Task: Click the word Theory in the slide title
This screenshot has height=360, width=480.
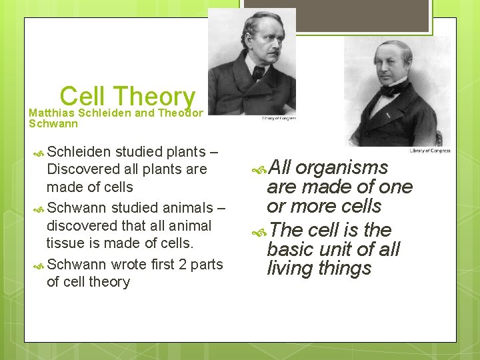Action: (x=154, y=97)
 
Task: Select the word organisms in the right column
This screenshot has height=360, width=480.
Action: (x=342, y=167)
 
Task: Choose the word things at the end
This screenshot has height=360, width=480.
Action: (x=344, y=269)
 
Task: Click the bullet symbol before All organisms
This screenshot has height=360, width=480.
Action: (x=261, y=168)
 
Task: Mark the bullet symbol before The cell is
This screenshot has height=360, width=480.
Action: (x=261, y=231)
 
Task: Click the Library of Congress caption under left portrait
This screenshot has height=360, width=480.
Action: (x=277, y=119)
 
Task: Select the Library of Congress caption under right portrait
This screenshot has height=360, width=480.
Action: (x=429, y=151)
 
